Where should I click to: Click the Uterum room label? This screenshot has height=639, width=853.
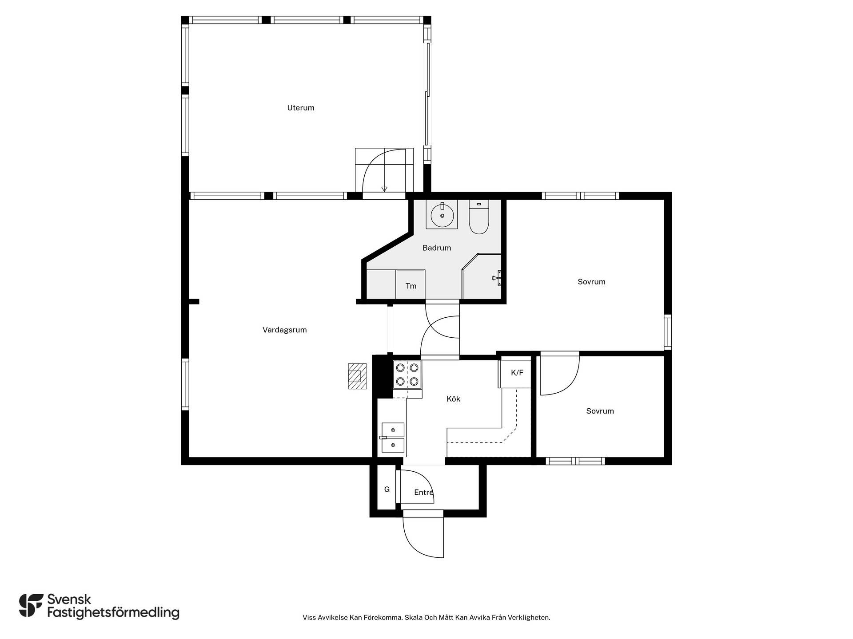coord(301,108)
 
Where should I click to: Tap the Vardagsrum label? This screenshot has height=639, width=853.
coord(285,330)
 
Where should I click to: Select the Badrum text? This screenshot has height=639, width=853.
coord(437,248)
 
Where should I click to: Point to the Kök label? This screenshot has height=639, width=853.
coord(453,399)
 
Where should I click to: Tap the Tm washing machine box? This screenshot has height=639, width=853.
coord(411,284)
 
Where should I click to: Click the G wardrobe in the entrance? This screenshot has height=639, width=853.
coord(387,489)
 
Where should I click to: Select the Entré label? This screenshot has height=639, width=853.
coord(423,493)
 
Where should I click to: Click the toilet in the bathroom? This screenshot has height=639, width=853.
coord(479,217)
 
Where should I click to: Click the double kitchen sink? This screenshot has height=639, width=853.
coord(393,438)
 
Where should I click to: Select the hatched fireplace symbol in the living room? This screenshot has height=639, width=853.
coord(357,376)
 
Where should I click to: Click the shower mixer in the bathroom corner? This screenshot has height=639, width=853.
coord(497,278)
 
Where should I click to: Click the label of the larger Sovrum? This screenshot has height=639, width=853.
coord(591,282)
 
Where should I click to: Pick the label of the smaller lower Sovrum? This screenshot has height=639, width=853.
coord(600,411)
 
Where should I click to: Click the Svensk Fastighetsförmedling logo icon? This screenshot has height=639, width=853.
coord(31,605)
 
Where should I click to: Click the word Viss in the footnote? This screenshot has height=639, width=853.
coord(309,618)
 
